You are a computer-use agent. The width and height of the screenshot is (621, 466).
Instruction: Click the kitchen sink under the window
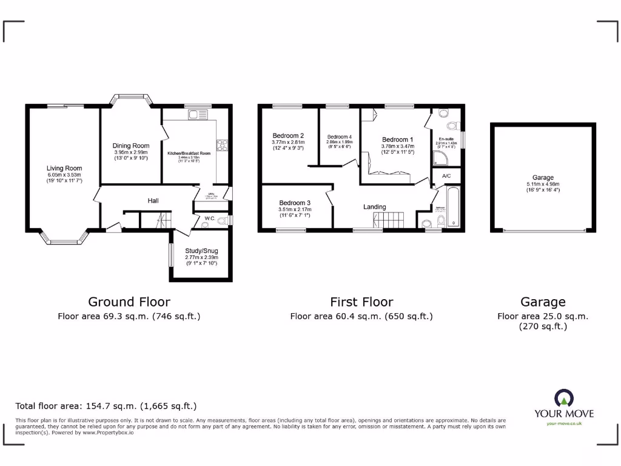(x=197, y=115)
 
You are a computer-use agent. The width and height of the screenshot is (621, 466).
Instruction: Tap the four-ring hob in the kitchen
(x=222, y=145)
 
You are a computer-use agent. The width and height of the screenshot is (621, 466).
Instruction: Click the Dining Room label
(x=131, y=146)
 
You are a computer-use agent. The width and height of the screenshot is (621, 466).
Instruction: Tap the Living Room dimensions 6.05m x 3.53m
(x=64, y=175)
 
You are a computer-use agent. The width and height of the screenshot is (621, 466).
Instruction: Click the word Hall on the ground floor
(x=153, y=201)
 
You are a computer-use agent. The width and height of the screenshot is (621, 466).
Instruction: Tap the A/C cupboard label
(x=446, y=176)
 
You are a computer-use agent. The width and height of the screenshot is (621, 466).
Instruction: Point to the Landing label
(x=374, y=207)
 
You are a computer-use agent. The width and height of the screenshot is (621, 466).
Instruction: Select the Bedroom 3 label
(x=295, y=203)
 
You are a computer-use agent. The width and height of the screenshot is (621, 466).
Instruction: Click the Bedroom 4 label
(x=339, y=137)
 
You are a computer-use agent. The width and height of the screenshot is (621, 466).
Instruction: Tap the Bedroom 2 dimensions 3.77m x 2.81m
(x=288, y=142)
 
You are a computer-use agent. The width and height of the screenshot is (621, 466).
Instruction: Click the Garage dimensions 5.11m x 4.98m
(x=542, y=184)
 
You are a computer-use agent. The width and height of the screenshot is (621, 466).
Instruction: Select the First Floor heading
(x=361, y=302)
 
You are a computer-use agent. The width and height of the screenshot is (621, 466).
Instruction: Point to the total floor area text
(x=106, y=406)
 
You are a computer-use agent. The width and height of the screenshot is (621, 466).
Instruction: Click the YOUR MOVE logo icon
(x=563, y=399)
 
